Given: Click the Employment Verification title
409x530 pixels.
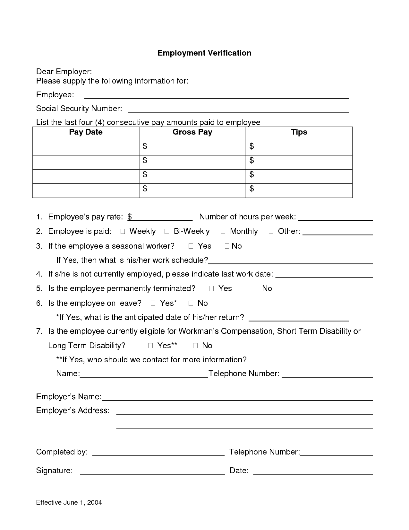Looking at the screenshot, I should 204,53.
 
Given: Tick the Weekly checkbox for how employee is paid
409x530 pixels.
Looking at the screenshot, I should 123,231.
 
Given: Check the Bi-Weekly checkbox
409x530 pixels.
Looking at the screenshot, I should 167,231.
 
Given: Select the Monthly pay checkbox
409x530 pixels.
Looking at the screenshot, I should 223,231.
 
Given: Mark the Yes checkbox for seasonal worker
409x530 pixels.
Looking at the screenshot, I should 191,246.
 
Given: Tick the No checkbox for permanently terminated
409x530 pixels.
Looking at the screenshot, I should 255,288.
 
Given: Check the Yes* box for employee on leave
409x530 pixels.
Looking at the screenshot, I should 153,303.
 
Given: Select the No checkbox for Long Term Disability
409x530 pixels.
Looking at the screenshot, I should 195,346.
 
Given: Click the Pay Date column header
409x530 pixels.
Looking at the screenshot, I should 86,132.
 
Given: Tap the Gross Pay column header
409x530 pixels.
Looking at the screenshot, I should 192,132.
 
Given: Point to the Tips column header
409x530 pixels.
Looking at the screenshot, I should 299,132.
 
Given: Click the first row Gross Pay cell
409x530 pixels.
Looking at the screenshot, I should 192,148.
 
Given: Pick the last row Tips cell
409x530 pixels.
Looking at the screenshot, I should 299,190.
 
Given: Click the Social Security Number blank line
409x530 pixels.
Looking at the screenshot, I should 238,109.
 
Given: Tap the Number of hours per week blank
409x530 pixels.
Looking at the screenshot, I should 336,217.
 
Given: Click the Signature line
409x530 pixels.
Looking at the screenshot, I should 152,471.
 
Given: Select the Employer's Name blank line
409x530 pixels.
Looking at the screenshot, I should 237,397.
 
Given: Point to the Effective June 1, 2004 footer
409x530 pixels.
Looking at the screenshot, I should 69,502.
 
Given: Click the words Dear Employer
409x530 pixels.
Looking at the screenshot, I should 64,71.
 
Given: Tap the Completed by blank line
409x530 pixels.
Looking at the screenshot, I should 158,452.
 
